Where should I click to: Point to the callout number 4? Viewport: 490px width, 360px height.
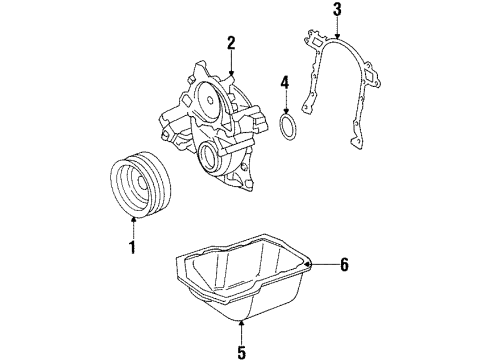click(285, 82)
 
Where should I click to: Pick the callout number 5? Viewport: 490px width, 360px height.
click(242, 352)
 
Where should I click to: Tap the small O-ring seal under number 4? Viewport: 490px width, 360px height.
click(290, 129)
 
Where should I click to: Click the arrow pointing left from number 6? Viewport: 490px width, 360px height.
click(320, 264)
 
